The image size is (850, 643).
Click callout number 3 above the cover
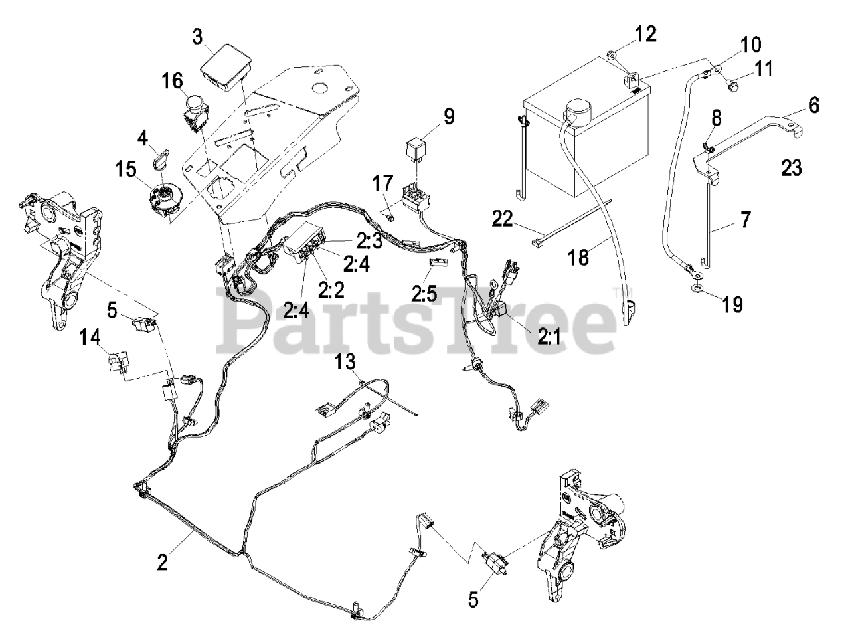point(197,36)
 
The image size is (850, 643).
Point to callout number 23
point(792,168)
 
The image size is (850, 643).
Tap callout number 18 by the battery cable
point(579,256)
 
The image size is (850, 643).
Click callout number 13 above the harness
point(345,362)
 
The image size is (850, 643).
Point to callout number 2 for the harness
point(162,562)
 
